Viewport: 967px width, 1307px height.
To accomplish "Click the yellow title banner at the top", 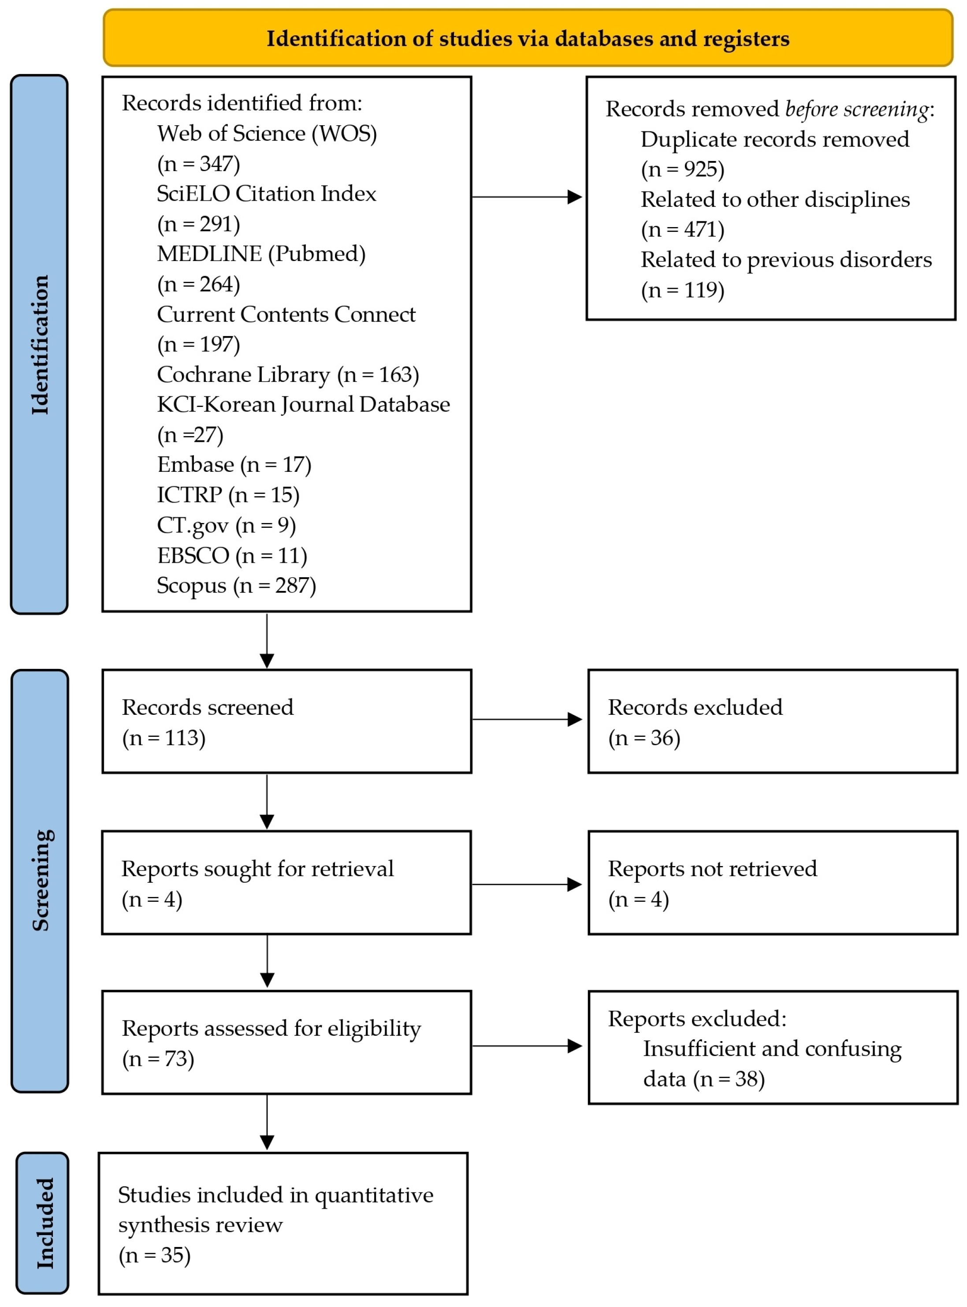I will [x=528, y=38].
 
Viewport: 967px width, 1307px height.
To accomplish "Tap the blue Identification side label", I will [x=39, y=344].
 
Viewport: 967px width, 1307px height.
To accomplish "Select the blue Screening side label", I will [x=40, y=880].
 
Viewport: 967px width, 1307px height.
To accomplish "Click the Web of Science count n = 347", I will [x=198, y=164].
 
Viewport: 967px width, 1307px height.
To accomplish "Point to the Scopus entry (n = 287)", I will [x=236, y=585].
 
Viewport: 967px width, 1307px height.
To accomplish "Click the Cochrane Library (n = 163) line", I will [x=287, y=374].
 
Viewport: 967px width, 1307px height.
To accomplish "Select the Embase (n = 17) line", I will [x=234, y=464].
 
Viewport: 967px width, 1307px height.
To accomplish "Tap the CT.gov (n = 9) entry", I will [x=226, y=525].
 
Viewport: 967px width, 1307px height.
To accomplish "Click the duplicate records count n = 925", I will [x=683, y=169].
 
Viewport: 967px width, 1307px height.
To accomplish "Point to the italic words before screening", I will [x=856, y=109].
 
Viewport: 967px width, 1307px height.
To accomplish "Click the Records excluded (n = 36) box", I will [x=772, y=721].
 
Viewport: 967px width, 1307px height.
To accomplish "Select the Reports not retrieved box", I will [x=772, y=882].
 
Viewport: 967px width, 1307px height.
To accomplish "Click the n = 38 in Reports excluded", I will [x=729, y=1079].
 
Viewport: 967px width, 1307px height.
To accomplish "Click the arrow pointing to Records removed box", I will [x=527, y=197].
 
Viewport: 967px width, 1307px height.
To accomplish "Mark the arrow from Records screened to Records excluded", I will [x=527, y=719].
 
